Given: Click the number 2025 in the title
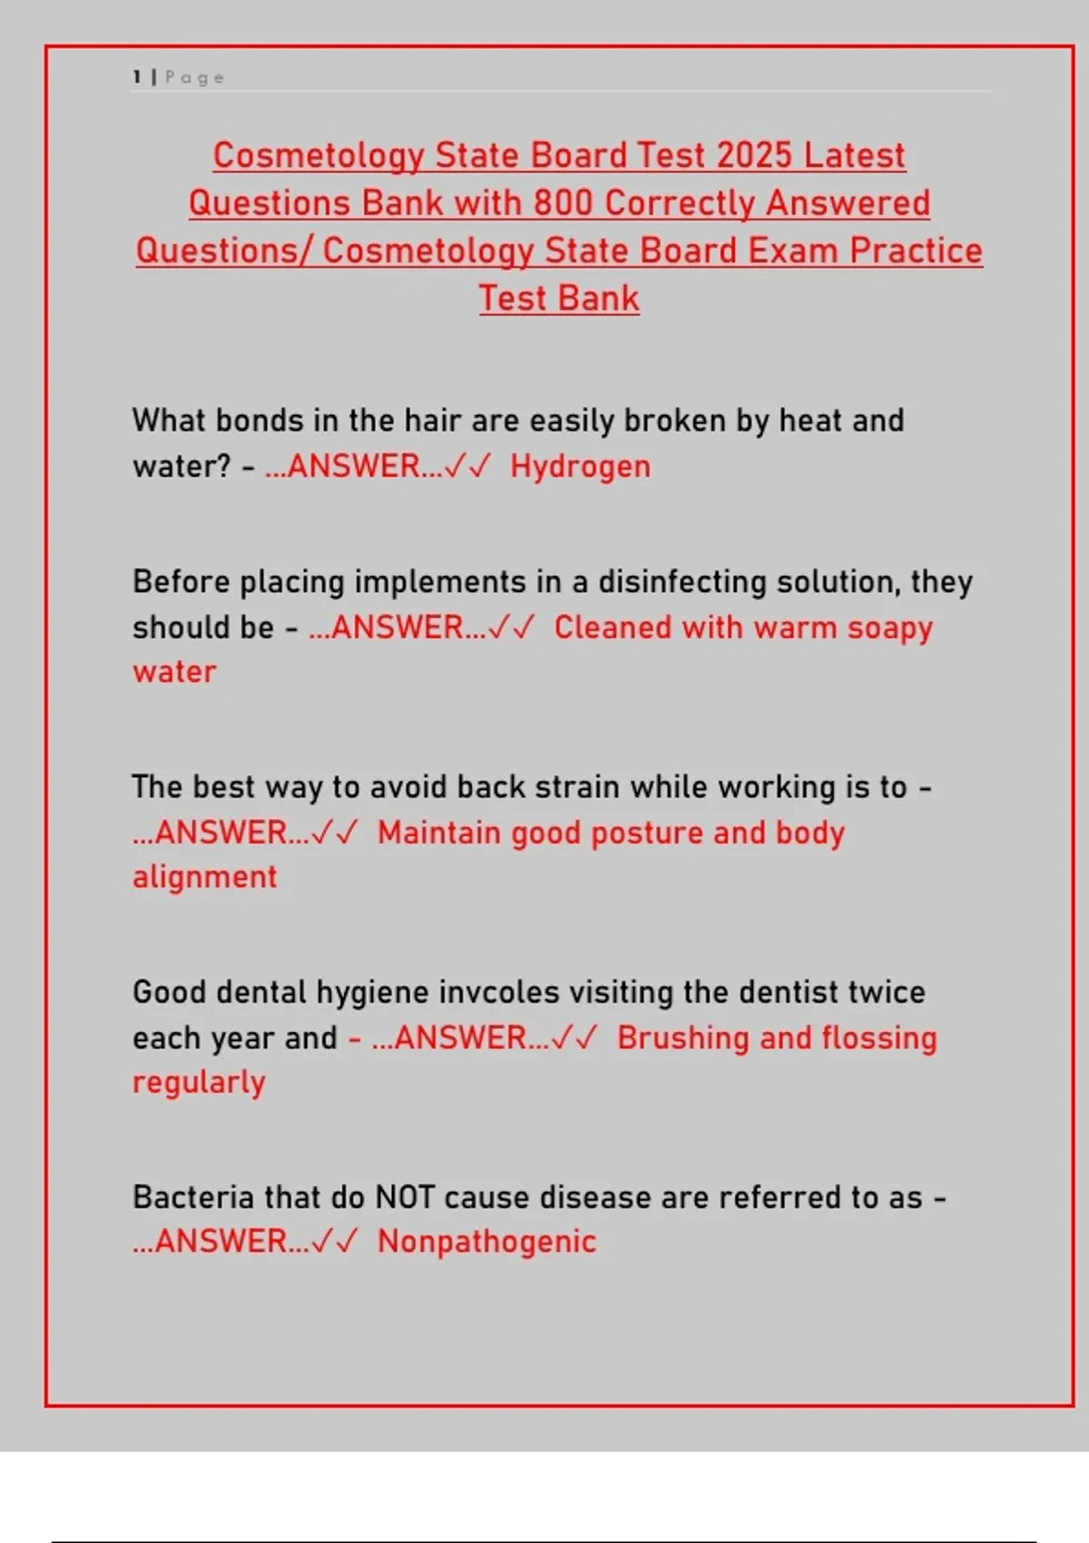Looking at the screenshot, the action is pos(754,155).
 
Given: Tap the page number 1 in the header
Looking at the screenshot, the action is pos(137,77).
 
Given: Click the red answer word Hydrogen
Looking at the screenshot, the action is pos(580,467).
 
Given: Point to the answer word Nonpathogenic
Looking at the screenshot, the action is pos(486,1242).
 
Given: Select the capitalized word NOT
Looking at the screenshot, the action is pos(405,1197).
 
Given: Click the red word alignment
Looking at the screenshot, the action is pos(204,878).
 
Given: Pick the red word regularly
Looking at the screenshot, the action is pos(199,1083).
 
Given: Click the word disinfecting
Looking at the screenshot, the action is pos(682,582).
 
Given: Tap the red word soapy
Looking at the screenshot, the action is pos(890,629).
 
